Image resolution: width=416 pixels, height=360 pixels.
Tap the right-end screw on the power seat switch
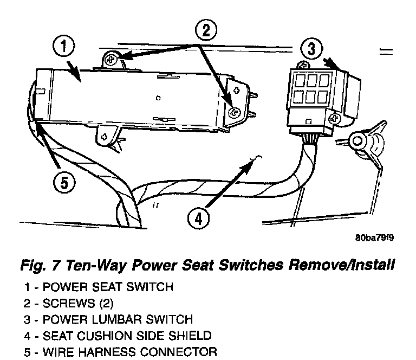click(x=235, y=112)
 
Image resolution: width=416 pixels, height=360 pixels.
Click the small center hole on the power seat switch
click(x=157, y=99)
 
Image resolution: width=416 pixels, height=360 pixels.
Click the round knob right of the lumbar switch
click(x=357, y=143)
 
